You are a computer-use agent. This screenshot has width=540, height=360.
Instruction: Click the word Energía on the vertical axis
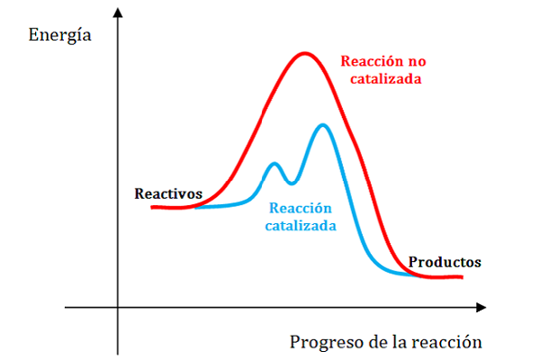59,35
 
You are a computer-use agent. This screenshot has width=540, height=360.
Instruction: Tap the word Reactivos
168,193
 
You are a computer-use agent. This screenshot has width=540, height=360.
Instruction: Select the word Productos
445,262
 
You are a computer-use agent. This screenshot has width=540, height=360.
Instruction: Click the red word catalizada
386,79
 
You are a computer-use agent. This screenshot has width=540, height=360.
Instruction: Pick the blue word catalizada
301,226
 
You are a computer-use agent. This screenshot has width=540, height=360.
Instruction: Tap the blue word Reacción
301,208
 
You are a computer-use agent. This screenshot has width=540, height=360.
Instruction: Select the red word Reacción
372,61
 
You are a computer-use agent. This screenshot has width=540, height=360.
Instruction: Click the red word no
417,62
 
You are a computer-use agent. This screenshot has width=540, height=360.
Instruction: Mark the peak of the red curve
305,54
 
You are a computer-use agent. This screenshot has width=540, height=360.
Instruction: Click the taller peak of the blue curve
323,125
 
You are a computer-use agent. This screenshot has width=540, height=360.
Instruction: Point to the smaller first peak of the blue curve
274,163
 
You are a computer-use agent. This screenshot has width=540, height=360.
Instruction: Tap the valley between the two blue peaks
292,183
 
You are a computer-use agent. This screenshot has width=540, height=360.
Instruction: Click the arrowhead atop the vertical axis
118,13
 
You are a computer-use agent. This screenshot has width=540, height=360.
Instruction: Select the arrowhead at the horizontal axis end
481,307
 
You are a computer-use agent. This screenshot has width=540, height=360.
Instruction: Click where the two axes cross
118,307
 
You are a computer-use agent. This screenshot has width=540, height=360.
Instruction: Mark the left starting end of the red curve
152,207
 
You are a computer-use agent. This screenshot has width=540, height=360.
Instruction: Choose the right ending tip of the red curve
462,276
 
